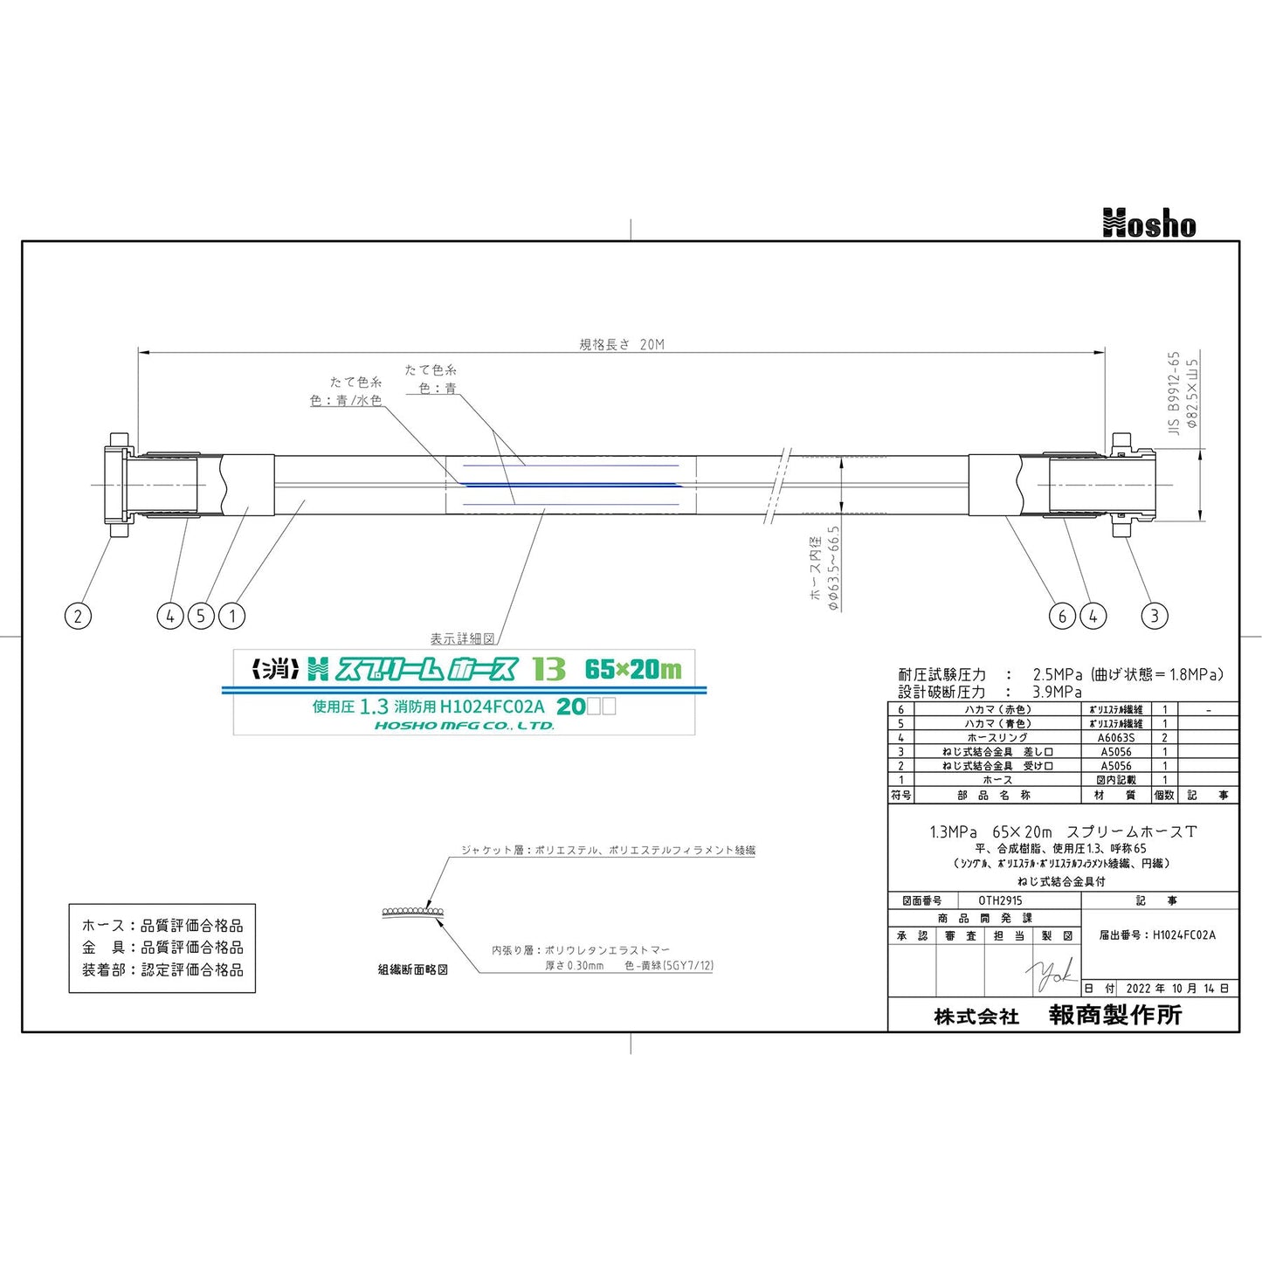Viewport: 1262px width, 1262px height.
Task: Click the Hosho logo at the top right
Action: (1148, 224)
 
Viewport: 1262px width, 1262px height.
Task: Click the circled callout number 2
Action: (78, 616)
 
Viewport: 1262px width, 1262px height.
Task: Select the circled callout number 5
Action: (201, 616)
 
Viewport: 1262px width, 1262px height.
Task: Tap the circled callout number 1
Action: (232, 616)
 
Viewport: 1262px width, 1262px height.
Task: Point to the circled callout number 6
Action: (1062, 616)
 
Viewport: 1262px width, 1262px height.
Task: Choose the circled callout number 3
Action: (1155, 616)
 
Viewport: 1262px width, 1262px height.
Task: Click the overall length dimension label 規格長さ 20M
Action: (622, 344)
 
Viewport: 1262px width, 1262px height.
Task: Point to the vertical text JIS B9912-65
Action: (1174, 393)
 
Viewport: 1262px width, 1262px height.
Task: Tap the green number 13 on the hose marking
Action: (548, 669)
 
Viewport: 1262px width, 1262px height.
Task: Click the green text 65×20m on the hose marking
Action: (633, 669)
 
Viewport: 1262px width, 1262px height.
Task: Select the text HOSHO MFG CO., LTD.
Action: (465, 725)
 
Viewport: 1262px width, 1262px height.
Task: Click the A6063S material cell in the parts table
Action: (1115, 738)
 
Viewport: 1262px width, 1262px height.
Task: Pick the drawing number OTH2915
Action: (1000, 900)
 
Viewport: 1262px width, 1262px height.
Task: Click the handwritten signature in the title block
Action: (1052, 974)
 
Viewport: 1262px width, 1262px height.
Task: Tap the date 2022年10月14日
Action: (1176, 989)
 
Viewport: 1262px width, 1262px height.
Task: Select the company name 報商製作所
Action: (1114, 1015)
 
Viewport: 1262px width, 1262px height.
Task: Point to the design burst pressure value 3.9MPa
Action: (1057, 692)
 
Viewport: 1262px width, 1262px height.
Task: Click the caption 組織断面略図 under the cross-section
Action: (412, 969)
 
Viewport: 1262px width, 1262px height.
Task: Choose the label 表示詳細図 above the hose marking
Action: (462, 639)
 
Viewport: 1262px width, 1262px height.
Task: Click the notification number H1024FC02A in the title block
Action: (1183, 934)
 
